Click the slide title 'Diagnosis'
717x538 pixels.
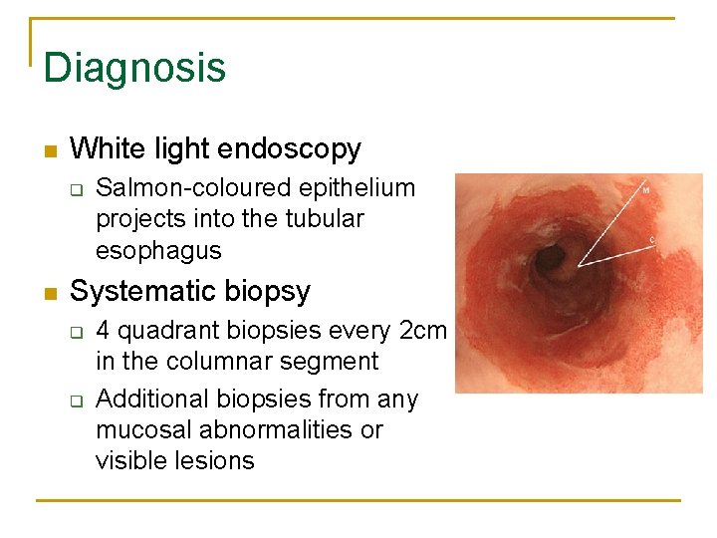tap(134, 68)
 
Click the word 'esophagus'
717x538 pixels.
tap(158, 249)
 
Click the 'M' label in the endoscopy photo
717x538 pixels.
tap(645, 189)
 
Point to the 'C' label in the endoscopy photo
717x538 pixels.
tap(652, 239)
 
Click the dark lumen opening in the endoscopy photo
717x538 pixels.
tap(551, 260)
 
